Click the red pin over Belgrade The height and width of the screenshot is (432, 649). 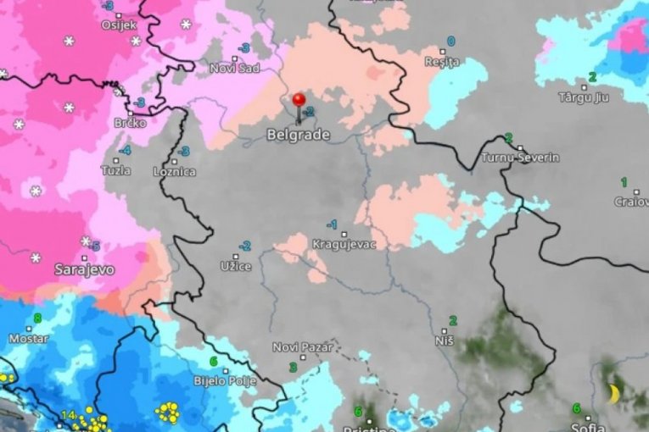pos(299,101)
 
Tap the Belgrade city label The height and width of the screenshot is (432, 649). pos(293,134)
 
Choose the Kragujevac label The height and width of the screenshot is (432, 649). pos(344,244)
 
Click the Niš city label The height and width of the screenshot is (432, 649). pos(444,340)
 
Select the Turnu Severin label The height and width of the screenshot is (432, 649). pos(519,158)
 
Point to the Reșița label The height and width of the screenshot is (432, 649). pos(442,62)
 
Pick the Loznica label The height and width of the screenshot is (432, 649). pos(173,171)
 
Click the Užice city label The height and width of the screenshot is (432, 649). pos(236,267)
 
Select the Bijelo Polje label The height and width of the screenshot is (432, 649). pos(232,381)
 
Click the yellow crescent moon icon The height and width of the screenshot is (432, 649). pos(613,394)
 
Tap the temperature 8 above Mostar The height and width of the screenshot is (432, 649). pos(36,319)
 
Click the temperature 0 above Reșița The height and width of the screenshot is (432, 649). pos(450,41)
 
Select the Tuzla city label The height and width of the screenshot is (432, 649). pos(115,170)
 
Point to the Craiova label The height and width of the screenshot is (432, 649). pos(631,202)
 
